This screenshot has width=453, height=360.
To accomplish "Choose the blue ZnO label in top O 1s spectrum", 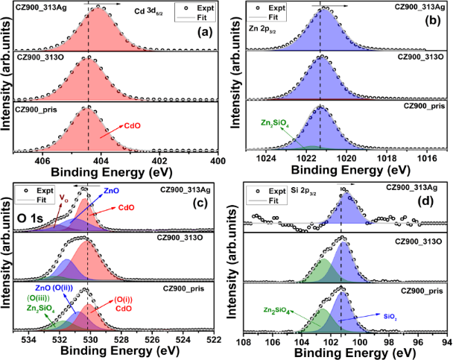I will click(110, 192).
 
